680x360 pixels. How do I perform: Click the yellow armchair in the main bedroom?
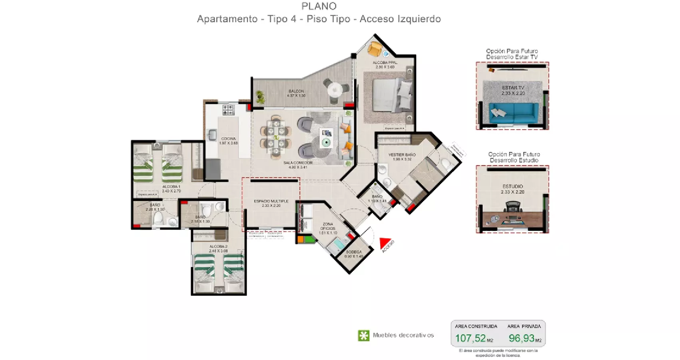coord(375,49)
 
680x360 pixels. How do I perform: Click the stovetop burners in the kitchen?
coord(228,110)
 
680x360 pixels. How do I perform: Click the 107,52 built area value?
coord(471,338)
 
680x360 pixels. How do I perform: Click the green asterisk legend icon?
coord(363,336)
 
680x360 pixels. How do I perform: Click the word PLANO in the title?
coord(319,6)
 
